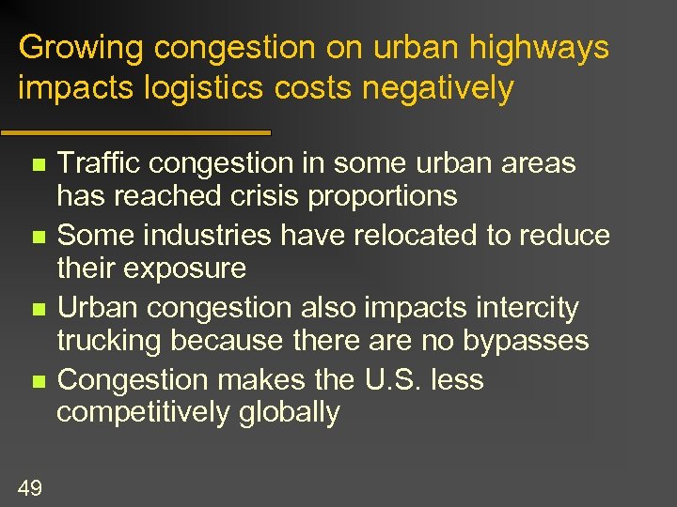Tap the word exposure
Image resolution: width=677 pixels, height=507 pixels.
(186, 269)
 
